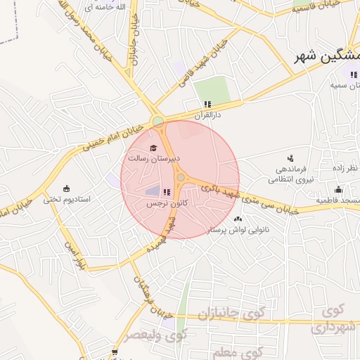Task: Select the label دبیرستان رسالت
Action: (154, 157)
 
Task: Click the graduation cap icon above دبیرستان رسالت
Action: (154, 146)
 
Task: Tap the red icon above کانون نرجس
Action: (167, 192)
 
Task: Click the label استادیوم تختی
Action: (67, 199)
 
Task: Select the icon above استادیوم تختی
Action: (66, 188)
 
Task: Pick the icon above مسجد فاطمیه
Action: (338, 189)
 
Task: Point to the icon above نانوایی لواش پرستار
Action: (238, 219)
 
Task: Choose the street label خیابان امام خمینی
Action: (112, 137)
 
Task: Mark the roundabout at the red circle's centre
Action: (181, 179)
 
